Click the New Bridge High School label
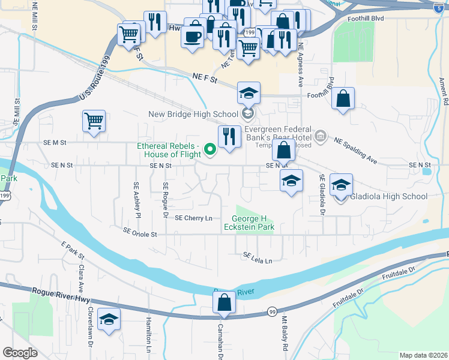(193, 114)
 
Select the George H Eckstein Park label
(253, 223)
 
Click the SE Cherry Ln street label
(194, 218)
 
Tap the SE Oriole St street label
(140, 232)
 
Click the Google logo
(20, 352)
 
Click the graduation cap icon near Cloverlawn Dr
(109, 321)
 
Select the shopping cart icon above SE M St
(94, 122)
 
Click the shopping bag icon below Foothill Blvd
(343, 100)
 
